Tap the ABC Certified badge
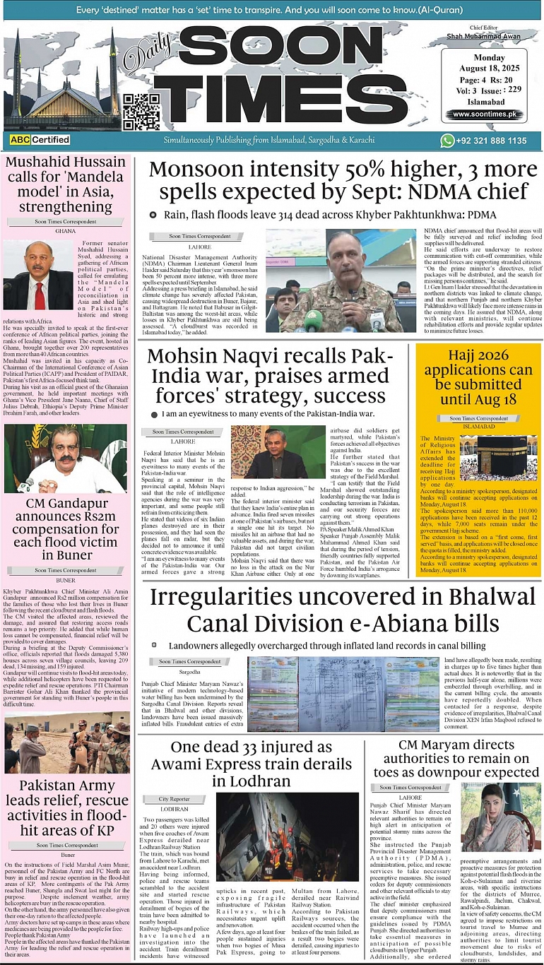(x=40, y=140)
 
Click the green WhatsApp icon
(x=447, y=141)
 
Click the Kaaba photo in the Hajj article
(x=503, y=456)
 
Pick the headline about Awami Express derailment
(x=251, y=764)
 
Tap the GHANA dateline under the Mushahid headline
(x=65, y=230)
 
